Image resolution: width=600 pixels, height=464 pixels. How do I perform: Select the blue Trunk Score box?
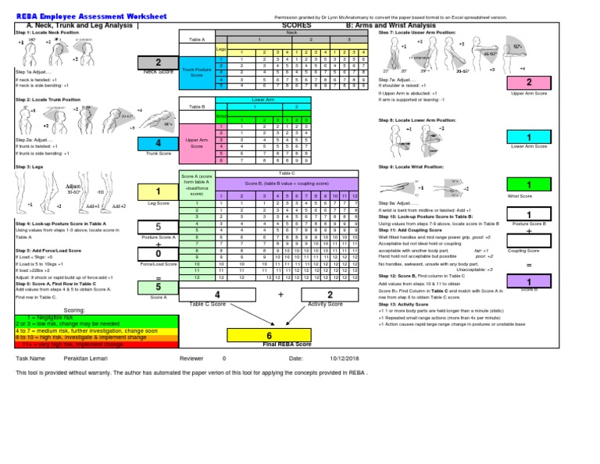(159, 144)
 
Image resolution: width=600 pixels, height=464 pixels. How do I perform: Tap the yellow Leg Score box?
(159, 191)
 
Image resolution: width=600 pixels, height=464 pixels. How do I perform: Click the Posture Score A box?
(159, 227)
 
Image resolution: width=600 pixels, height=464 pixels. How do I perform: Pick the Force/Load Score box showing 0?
(159, 254)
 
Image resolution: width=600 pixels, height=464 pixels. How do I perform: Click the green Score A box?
(159, 287)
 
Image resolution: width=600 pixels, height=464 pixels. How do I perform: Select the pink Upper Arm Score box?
(529, 83)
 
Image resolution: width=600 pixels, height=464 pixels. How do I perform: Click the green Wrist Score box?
(529, 184)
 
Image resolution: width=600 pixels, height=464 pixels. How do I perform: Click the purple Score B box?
(529, 281)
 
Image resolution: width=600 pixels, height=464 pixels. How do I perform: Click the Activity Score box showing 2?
(330, 294)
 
